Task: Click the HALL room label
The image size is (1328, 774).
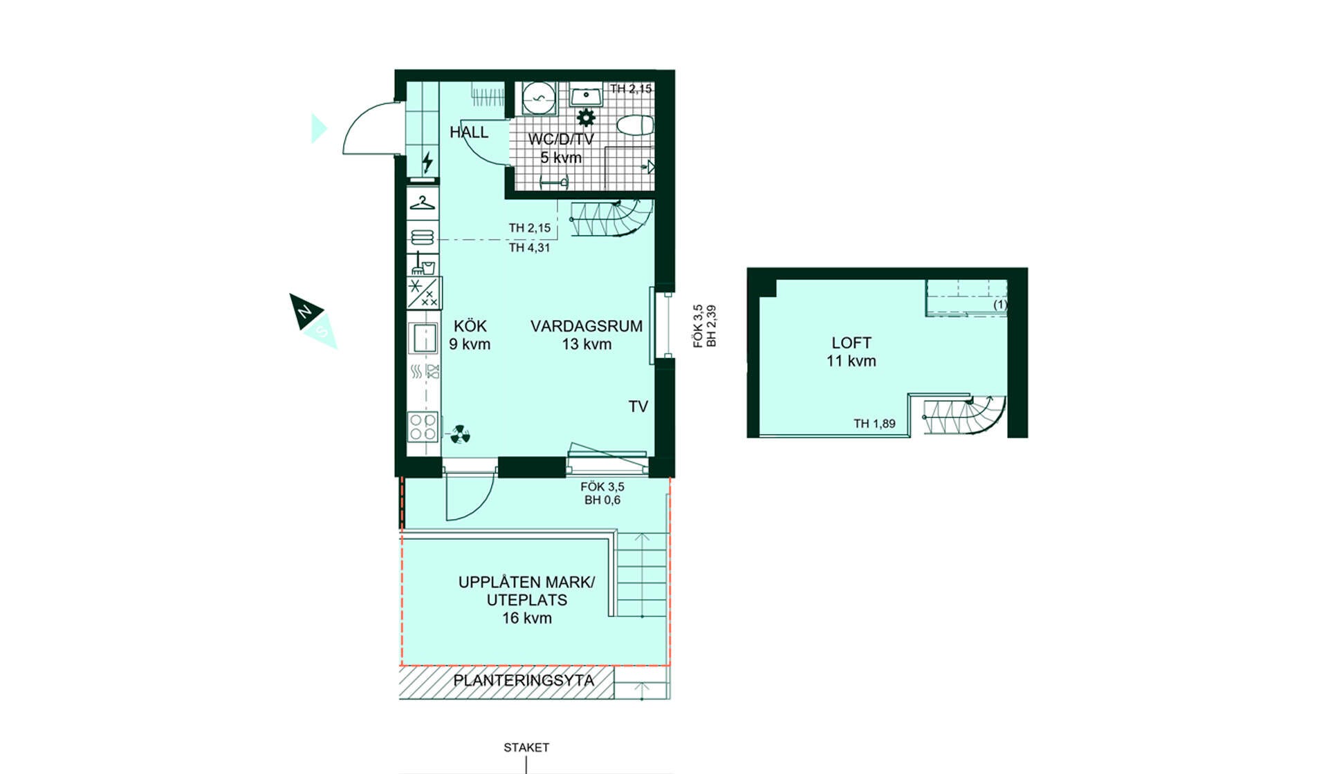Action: [469, 132]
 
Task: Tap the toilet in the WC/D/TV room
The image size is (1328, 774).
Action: [635, 126]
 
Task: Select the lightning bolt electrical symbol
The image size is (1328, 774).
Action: [427, 162]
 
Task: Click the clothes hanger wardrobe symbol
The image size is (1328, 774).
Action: [422, 203]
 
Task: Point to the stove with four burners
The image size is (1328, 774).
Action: [423, 426]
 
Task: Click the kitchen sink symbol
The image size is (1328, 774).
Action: [423, 339]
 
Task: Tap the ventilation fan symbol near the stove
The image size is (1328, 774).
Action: [460, 435]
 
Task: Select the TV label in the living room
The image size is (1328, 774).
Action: [638, 407]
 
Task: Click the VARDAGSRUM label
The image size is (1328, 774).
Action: [587, 326]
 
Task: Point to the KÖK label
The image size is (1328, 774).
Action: [470, 326]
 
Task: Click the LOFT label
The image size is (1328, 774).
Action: [851, 343]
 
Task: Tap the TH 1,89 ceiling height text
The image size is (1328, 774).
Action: [874, 424]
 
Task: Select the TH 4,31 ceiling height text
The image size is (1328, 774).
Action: [529, 247]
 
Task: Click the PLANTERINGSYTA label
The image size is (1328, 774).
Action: [524, 681]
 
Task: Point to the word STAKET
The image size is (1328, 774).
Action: [526, 748]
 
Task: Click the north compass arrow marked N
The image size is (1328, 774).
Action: [304, 310]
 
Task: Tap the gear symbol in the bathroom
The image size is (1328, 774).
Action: [586, 117]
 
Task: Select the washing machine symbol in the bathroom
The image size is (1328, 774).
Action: [538, 98]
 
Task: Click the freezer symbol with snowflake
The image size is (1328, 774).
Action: [423, 292]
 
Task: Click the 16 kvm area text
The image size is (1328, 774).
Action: [527, 619]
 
